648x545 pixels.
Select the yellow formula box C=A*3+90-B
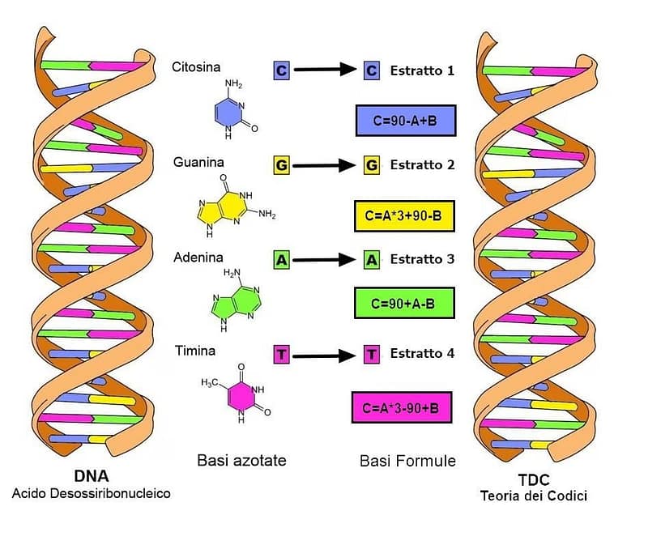(x=404, y=216)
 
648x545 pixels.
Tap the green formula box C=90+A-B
(x=404, y=303)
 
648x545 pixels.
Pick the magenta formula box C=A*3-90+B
(x=402, y=407)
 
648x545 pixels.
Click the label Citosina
(x=196, y=67)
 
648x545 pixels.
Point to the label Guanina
(x=198, y=163)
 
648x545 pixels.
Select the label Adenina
(x=198, y=258)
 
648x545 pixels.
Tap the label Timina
(x=195, y=351)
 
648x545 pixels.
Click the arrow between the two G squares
(x=326, y=165)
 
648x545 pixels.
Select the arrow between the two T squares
(x=326, y=355)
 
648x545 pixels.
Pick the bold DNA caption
(x=91, y=477)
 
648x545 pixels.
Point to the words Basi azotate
(x=242, y=461)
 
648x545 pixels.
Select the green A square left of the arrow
(x=282, y=260)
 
